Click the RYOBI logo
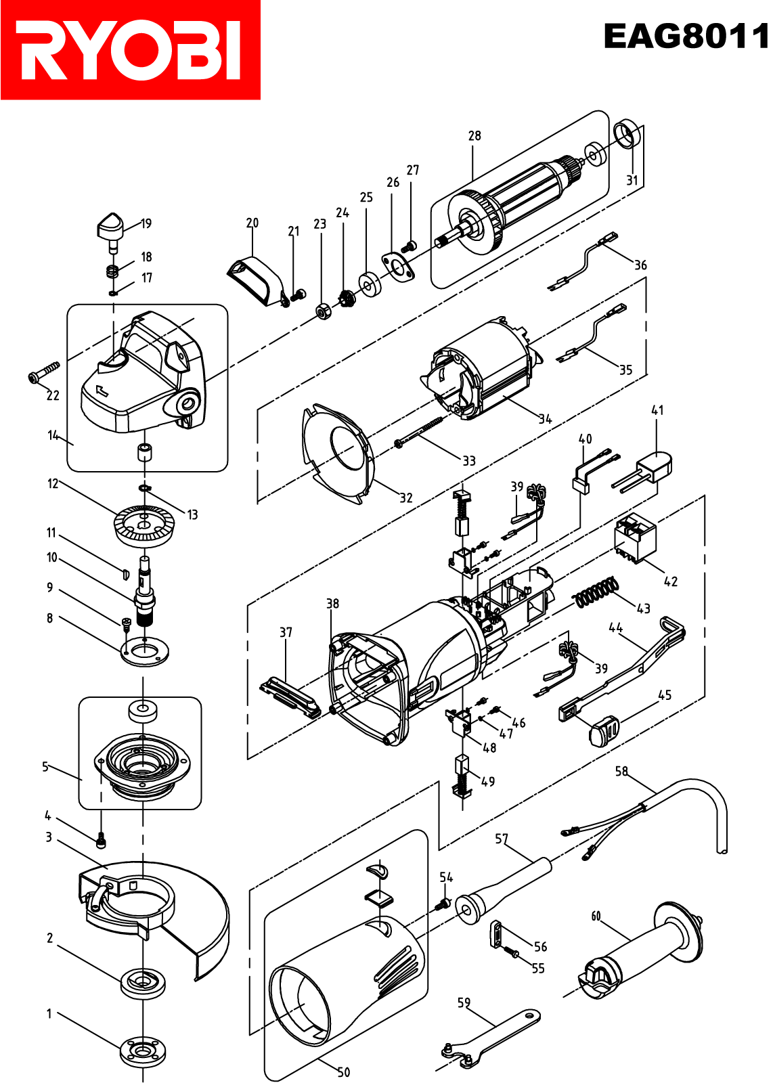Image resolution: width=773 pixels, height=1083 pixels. (131, 50)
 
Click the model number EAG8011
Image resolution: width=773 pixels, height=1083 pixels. (686, 37)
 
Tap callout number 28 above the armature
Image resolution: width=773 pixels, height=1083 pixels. (474, 136)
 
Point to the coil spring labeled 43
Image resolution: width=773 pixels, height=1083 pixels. (596, 591)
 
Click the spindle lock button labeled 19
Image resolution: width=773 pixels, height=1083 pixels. (111, 229)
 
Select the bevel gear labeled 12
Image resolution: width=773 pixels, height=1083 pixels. (143, 525)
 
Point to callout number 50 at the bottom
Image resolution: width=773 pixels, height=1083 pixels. (343, 1072)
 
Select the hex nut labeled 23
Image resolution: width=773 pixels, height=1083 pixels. (323, 310)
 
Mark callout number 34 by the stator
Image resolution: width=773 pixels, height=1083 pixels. (546, 419)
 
